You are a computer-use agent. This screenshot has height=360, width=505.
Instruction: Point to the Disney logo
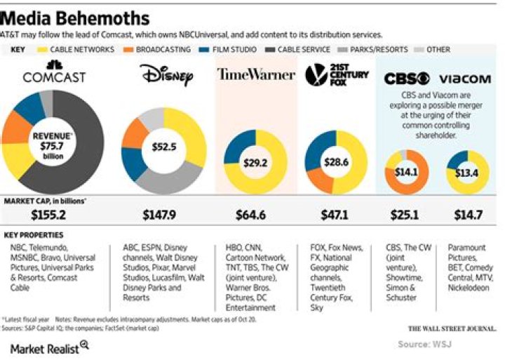pos(166,74)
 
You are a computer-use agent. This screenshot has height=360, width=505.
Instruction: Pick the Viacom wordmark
pos(464,79)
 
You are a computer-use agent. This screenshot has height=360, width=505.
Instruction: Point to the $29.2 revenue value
pos(255,162)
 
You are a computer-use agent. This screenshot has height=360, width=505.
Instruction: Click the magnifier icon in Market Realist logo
pos(84,344)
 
